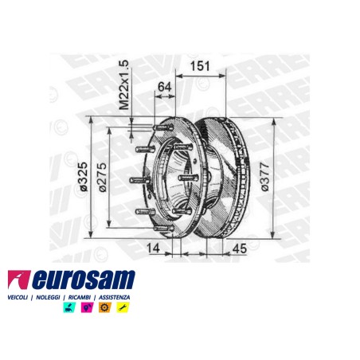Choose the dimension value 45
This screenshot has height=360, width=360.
[x=240, y=248]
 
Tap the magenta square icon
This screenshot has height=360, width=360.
[x=85, y=307]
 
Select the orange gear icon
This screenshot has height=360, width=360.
[x=104, y=307]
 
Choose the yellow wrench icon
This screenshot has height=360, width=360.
[x=122, y=307]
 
